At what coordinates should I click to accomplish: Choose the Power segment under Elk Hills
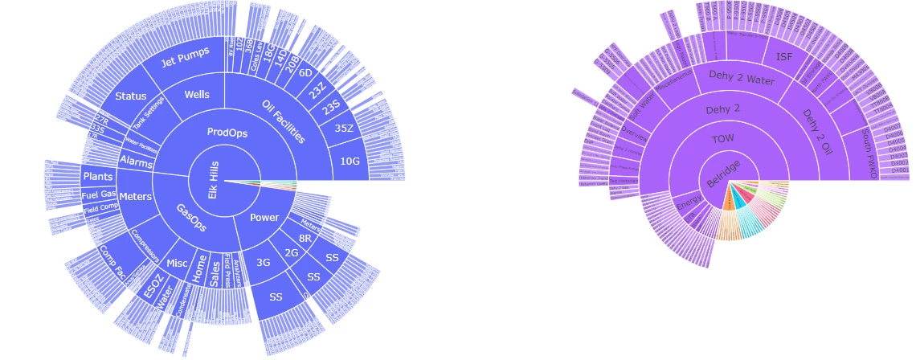(x=264, y=217)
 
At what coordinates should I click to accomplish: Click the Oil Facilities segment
(x=284, y=121)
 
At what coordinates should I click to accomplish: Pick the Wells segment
(x=196, y=95)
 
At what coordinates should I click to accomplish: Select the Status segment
(x=130, y=96)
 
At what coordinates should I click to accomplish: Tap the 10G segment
(x=350, y=162)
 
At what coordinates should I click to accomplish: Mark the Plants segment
(x=97, y=175)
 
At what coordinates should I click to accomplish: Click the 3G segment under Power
(x=262, y=262)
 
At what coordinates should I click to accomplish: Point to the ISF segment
(x=783, y=57)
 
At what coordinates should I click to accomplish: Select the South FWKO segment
(x=865, y=153)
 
